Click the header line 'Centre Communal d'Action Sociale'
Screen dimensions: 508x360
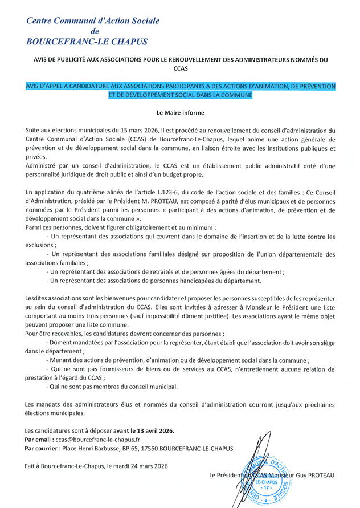[93, 21]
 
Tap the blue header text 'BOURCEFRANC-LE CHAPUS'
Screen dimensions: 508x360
[87, 42]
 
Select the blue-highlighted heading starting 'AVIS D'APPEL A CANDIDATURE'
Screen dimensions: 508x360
[180, 91]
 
